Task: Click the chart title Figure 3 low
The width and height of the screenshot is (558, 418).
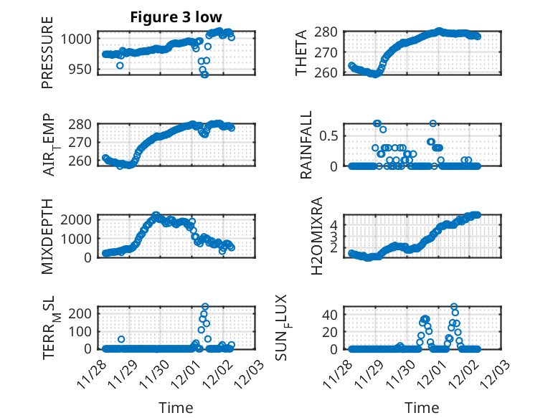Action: [x=176, y=17]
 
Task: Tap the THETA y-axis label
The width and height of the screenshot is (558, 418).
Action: [x=302, y=53]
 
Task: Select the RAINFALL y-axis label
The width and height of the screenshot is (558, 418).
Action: [x=306, y=145]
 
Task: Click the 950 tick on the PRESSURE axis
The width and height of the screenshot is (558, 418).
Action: [x=83, y=69]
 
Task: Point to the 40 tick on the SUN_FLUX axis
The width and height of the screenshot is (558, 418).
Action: [x=330, y=314]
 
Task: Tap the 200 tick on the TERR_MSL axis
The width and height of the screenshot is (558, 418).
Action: [x=83, y=313]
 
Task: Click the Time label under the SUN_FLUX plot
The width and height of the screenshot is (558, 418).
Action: [x=422, y=408]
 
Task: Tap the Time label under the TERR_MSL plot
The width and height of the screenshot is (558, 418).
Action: [x=176, y=408]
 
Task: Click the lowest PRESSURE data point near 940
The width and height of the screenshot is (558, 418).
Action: [x=204, y=75]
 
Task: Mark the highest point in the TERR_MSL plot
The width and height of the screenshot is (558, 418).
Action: [x=205, y=307]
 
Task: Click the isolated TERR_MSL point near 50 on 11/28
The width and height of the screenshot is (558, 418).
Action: [x=121, y=339]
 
